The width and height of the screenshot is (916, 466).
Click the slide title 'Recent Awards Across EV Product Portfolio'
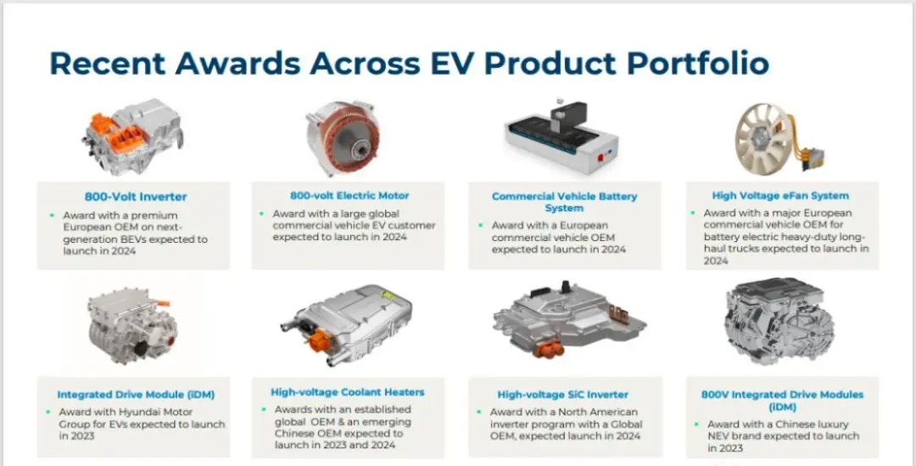409,63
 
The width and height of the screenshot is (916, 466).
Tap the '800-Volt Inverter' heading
136,197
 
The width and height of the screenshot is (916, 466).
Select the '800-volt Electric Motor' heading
349,196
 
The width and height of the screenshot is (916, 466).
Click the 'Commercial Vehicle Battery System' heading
564,202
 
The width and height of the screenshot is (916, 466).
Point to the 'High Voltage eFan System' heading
780,196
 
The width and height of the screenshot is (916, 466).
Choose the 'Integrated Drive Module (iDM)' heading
136,395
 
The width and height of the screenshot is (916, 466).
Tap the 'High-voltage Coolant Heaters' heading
348,392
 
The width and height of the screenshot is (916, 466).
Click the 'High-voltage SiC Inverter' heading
563,395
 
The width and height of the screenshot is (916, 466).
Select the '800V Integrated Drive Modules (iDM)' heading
782,401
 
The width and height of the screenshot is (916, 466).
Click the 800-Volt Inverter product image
132,137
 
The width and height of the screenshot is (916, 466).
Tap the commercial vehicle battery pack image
561,138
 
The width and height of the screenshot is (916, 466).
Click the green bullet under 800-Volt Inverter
52,215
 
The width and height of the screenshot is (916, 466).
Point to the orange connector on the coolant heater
320,340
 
